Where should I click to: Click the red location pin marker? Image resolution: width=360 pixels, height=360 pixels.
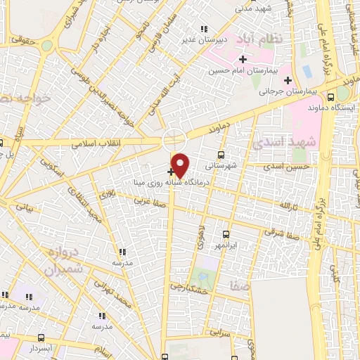click(181, 165)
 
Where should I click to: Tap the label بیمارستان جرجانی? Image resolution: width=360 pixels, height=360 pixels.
click(285, 91)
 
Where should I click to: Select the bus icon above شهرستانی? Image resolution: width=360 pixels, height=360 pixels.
click(221, 154)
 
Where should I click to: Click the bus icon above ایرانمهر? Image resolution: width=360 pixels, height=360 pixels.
click(226, 234)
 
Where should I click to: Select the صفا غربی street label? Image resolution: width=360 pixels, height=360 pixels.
click(154, 201)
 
